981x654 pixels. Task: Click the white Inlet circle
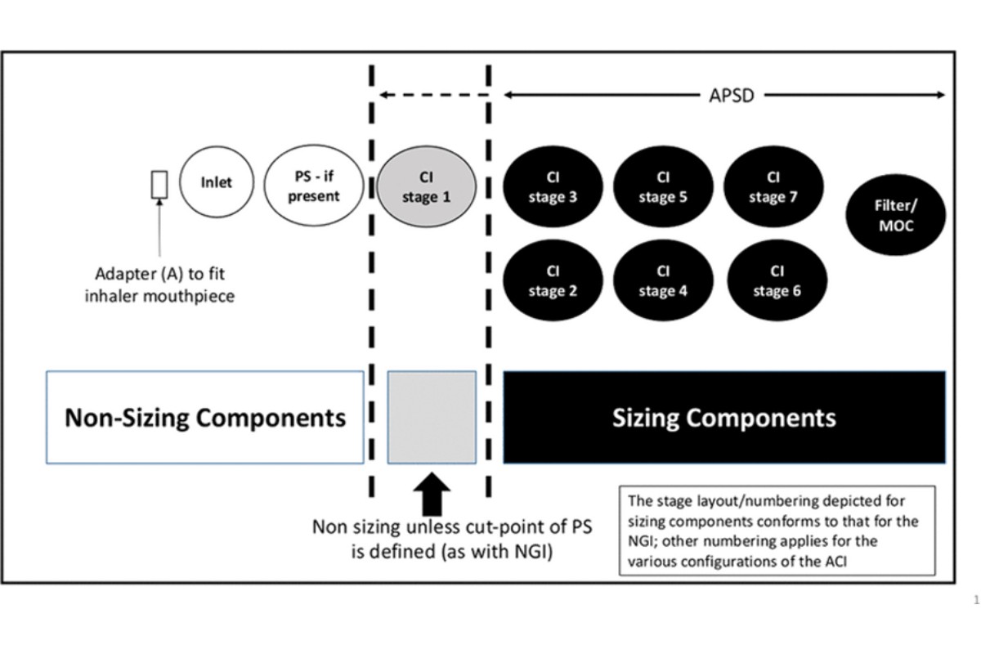216,183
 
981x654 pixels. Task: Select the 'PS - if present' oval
313,186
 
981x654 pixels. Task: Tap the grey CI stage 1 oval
426,187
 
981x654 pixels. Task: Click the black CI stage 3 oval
553,187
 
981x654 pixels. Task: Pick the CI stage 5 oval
662,187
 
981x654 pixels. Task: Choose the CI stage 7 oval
773,187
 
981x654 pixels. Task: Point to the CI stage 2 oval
553,280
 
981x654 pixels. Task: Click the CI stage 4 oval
662,280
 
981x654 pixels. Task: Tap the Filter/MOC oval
896,216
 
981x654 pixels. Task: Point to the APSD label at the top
732,95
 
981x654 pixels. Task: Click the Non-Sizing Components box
205,418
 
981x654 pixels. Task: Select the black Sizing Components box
723,418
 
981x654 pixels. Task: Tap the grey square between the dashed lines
432,418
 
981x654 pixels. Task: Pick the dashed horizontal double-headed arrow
432,95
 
